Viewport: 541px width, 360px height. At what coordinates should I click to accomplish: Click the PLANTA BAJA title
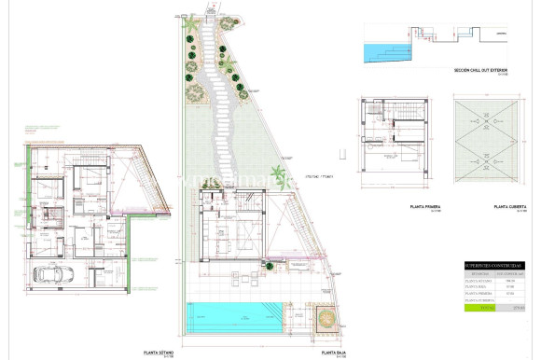334,353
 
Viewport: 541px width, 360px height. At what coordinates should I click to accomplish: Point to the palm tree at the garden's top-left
191,22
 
